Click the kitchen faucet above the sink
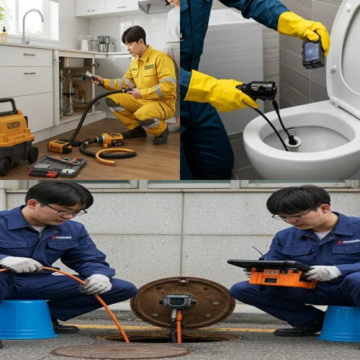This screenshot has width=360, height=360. (x=26, y=26)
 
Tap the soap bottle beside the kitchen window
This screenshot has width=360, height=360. (x=4, y=34)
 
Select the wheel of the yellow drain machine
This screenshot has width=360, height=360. (x=32, y=154)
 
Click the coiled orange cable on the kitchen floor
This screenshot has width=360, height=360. (x=115, y=153)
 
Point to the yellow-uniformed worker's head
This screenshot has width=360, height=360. (x=135, y=40)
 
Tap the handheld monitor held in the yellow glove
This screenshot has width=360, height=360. (x=312, y=53)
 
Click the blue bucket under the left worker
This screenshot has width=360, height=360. (x=27, y=319)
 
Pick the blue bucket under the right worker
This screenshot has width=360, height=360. (x=339, y=323)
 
